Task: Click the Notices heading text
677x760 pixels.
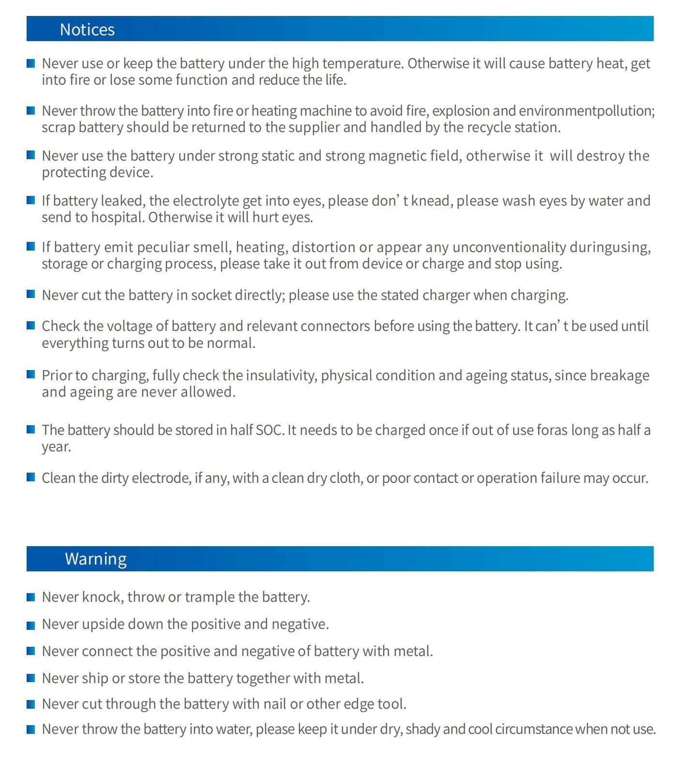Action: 87,30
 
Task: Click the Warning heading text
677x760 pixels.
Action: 96,559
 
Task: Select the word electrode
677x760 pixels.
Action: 161,478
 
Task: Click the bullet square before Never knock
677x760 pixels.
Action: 31,597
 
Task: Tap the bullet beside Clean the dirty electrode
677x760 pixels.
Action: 31,477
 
